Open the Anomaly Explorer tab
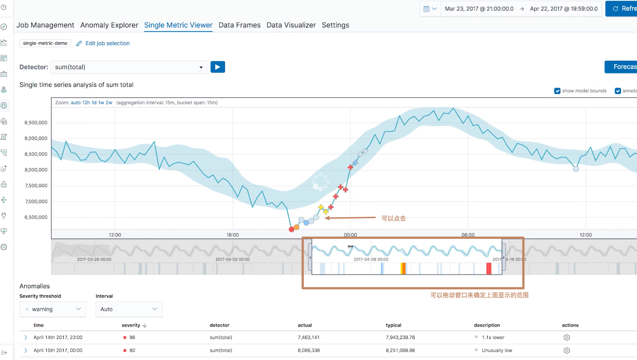tap(109, 25)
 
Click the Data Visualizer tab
tap(291, 25)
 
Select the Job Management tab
tap(45, 25)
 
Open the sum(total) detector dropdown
tap(128, 67)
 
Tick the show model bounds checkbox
tap(557, 91)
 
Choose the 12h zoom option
tap(86, 103)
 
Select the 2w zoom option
tap(109, 103)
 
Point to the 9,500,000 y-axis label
tap(36, 123)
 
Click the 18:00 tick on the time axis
tap(233, 235)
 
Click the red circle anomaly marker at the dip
tap(292, 229)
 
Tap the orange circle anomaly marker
tap(297, 227)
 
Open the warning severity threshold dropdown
tap(53, 309)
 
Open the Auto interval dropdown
tap(129, 309)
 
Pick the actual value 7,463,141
tap(309, 338)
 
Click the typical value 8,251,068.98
tap(400, 351)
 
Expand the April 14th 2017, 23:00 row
tap(26, 338)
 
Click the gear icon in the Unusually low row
tap(567, 351)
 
